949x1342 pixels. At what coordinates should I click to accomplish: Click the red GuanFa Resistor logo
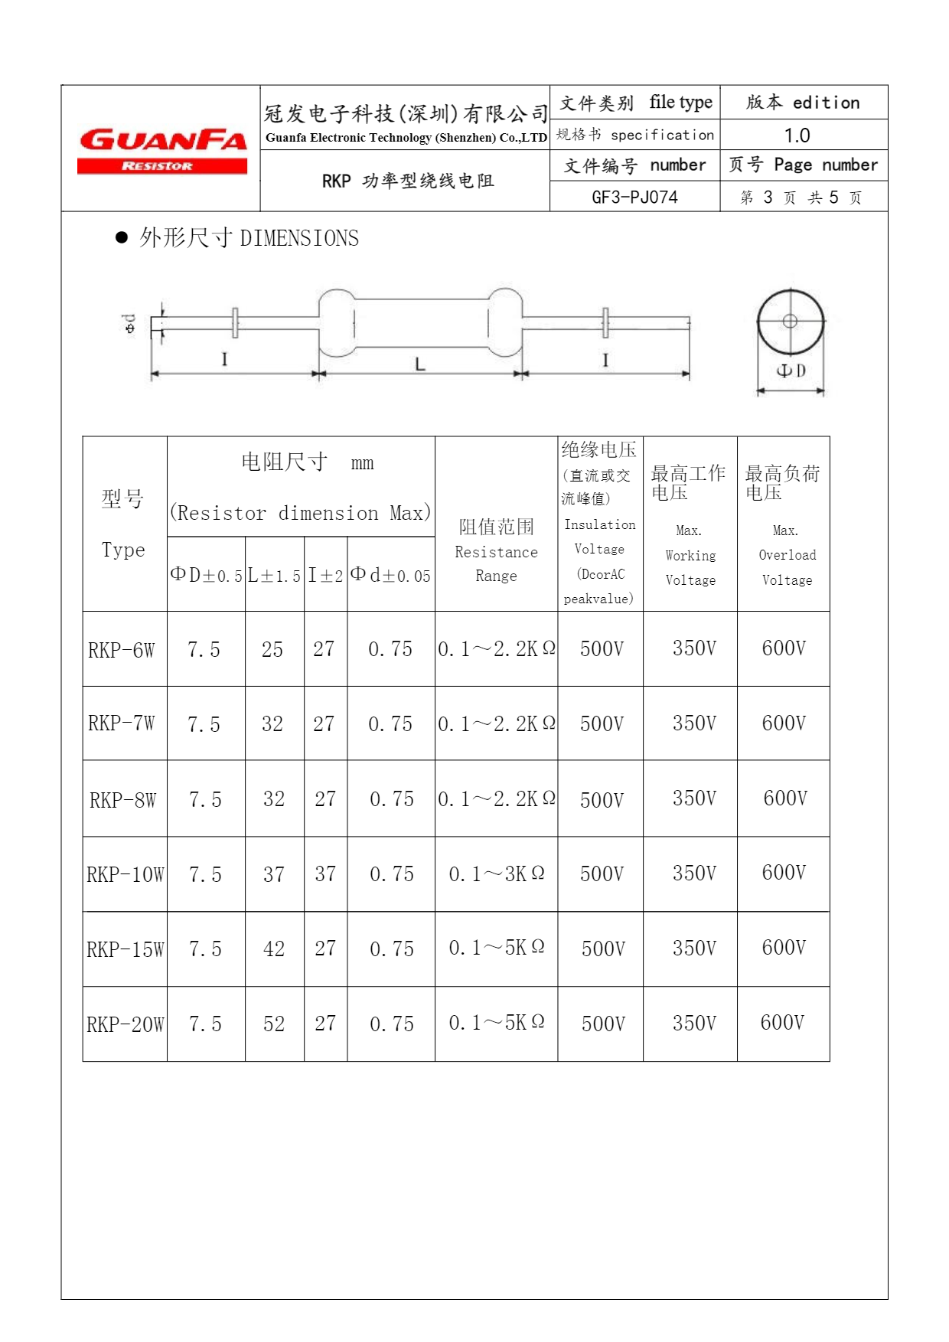click(161, 150)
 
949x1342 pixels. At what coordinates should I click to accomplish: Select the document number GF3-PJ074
click(634, 198)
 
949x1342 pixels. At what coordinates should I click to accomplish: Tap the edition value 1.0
click(797, 136)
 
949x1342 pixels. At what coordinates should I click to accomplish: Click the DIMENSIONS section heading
click(249, 238)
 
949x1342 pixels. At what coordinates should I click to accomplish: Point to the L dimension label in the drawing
click(420, 364)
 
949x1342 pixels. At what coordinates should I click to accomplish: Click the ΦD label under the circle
click(791, 371)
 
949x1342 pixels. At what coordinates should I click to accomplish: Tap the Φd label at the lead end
click(130, 324)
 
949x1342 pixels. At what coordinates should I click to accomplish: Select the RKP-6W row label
click(122, 650)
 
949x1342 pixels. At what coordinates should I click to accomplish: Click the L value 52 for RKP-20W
click(274, 1024)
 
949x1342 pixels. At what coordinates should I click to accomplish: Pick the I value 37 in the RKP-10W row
click(325, 874)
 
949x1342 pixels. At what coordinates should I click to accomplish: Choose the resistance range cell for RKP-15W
click(497, 949)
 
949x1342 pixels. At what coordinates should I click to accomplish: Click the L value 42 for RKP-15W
click(274, 949)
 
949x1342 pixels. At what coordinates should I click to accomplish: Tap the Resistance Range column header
click(496, 550)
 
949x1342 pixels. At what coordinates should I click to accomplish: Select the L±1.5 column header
click(274, 576)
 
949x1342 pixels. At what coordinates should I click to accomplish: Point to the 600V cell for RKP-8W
click(785, 798)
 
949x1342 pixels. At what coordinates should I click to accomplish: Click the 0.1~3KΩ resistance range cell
click(497, 874)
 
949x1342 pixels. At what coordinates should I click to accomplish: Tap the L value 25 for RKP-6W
click(272, 650)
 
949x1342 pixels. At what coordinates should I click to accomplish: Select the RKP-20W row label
click(126, 1024)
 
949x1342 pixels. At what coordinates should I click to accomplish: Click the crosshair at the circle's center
click(791, 322)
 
